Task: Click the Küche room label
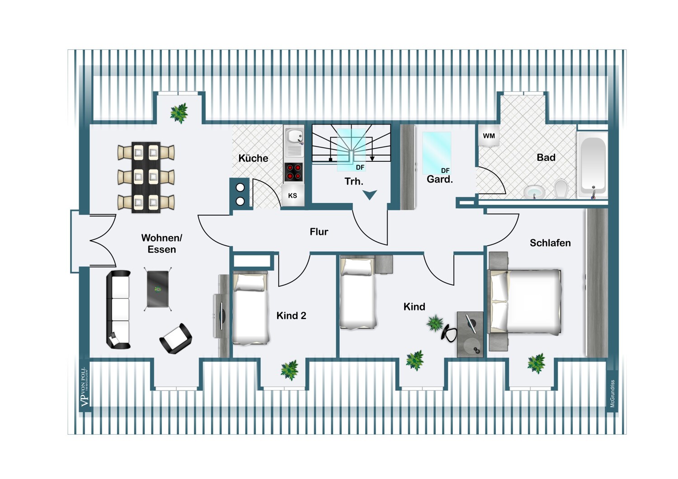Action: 253,158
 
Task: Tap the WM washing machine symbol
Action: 489,136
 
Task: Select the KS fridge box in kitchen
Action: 292,196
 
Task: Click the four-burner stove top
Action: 293,172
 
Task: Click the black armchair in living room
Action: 176,338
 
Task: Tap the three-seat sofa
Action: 119,310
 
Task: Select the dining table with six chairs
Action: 146,177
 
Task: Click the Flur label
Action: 319,232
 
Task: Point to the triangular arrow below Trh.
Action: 370,195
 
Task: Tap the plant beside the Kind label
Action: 435,323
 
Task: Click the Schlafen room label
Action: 550,243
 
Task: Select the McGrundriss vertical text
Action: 612,394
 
